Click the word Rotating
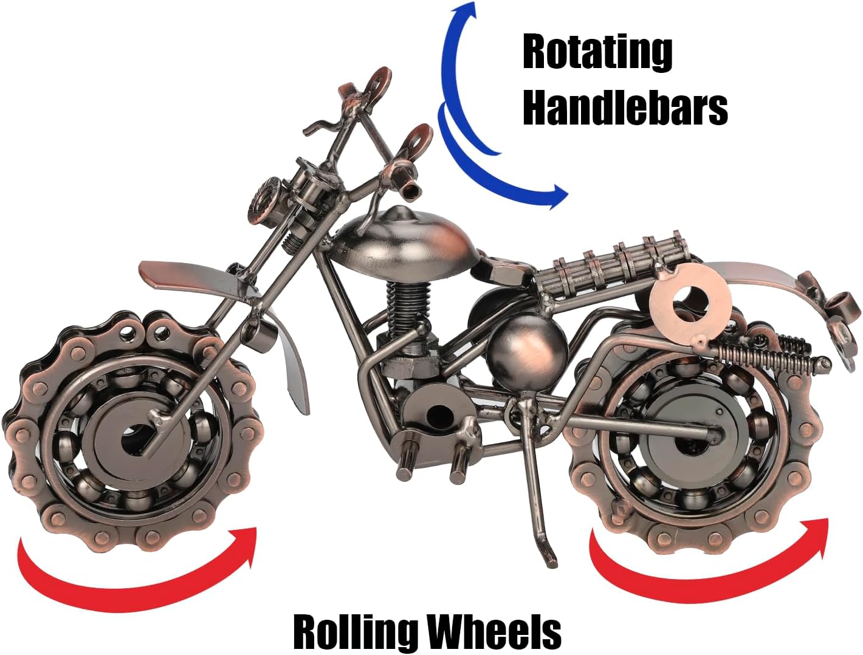click(x=597, y=53)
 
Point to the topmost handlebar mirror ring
click(x=378, y=83)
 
